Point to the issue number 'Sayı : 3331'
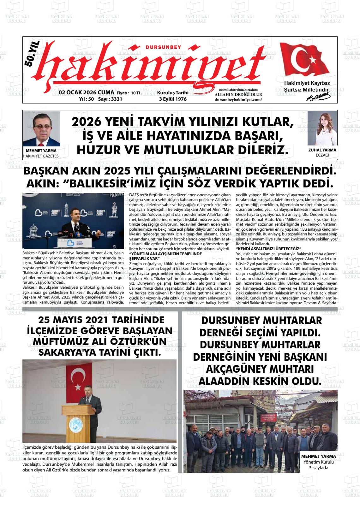tap(110, 99)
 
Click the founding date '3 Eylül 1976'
tap(173, 99)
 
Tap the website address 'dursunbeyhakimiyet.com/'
tap(238, 100)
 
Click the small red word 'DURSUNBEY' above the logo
tap(164, 47)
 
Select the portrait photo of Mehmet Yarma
tap(41, 129)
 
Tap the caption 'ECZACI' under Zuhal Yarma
tap(322, 155)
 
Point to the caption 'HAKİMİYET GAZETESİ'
tap(41, 156)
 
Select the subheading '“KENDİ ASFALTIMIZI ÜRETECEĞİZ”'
tap(268, 249)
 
